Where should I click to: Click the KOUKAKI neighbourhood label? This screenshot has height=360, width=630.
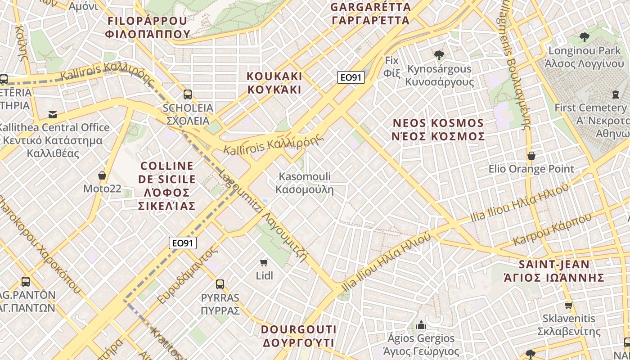tap(274, 82)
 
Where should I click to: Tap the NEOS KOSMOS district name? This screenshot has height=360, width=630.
tap(438, 129)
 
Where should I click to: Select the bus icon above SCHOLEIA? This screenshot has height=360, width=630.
tap(188, 94)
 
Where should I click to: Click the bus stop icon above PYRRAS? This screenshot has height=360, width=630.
tap(220, 284)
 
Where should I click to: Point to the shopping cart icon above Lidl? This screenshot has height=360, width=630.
tap(264, 262)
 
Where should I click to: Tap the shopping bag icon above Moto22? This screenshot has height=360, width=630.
tap(102, 175)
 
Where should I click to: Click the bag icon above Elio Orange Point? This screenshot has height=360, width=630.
tap(531, 156)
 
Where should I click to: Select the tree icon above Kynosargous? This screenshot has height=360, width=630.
tap(439, 55)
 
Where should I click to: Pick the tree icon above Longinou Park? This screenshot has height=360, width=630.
tap(585, 37)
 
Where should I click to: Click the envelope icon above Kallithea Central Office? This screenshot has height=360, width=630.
tap(53, 114)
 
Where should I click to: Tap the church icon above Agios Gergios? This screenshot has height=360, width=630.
tap(421, 324)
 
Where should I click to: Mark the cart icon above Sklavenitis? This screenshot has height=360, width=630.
tap(568, 305)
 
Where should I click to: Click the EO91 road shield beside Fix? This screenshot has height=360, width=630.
tap(351, 77)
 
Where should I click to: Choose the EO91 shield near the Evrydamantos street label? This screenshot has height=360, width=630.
tap(183, 243)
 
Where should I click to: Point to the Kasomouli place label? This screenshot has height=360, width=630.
tap(305, 183)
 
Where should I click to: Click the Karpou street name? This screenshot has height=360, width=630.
tap(553, 229)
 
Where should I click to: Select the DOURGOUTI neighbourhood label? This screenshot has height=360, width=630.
tap(298, 336)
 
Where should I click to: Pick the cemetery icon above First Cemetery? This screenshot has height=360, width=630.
tap(615, 94)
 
